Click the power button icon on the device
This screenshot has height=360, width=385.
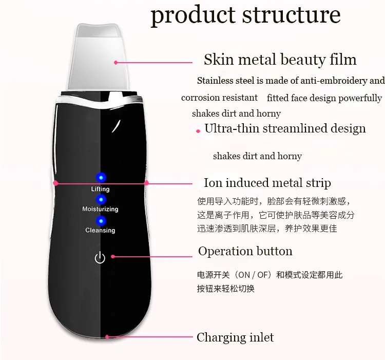100,257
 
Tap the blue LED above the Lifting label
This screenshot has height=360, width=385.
101,177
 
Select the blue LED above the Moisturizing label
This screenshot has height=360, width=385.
101,199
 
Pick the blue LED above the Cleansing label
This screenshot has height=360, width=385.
101,221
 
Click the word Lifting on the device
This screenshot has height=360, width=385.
100,189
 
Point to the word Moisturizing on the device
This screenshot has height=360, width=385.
100,209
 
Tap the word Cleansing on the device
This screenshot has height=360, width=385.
100,231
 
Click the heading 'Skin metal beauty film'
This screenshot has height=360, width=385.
280,60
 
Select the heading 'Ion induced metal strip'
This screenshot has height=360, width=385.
267,183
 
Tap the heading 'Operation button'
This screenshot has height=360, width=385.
245,251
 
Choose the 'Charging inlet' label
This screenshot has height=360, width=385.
235,337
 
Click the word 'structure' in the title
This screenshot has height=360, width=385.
292,15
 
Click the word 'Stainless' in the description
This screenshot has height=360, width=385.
215,81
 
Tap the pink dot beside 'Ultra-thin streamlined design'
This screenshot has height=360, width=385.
198,131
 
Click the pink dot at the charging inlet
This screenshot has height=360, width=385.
107,337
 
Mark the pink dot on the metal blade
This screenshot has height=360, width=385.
115,63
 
